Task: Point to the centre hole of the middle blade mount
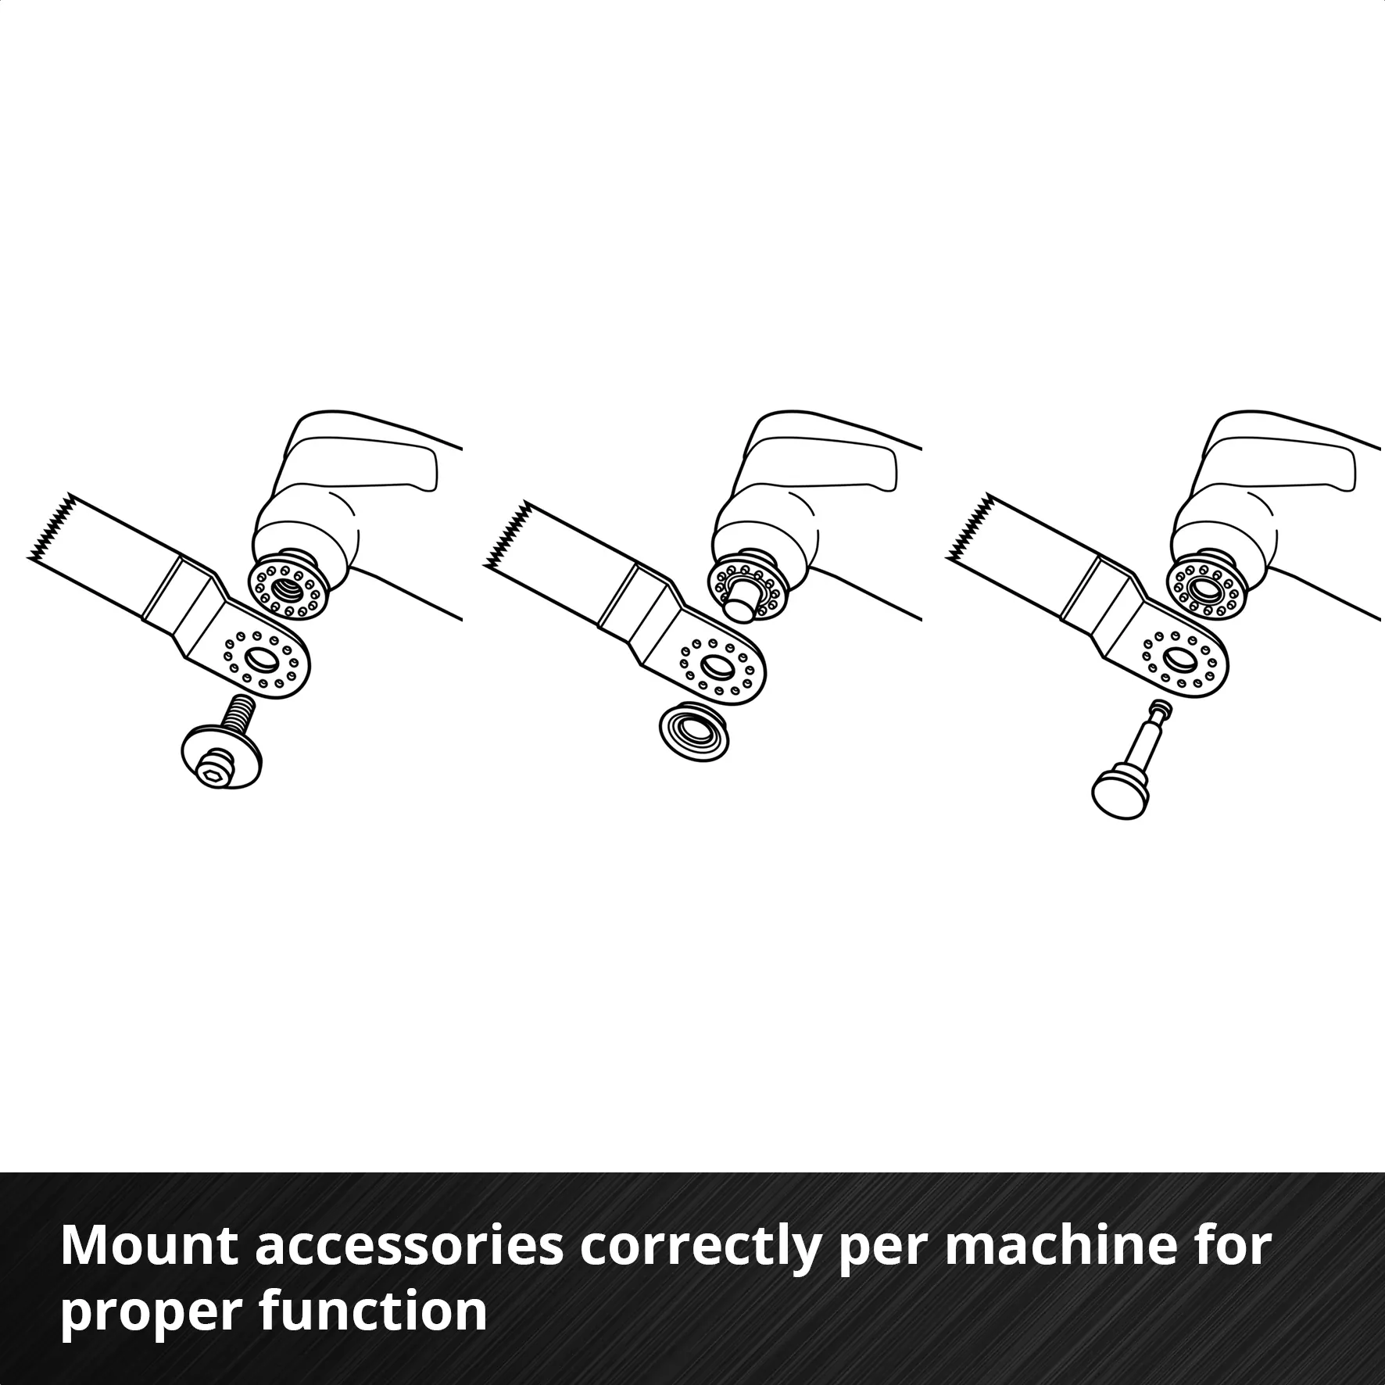pyautogui.click(x=715, y=666)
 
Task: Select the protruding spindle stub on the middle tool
pyautogui.click(x=740, y=603)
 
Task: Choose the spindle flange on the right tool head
pyautogui.click(x=1204, y=586)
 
